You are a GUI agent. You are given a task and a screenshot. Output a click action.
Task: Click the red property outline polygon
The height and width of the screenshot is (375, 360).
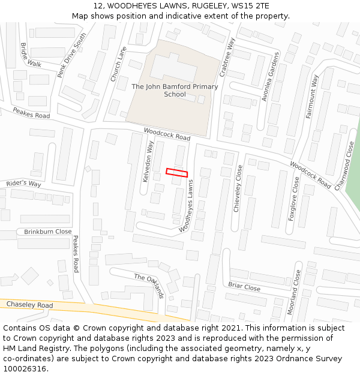click(177, 173)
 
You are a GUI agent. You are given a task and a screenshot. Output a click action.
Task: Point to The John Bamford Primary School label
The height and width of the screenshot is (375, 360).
click(175, 91)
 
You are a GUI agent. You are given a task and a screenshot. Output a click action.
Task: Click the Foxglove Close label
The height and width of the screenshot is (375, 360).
click(294, 199)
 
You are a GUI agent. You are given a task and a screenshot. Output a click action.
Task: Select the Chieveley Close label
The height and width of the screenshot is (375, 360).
click(238, 188)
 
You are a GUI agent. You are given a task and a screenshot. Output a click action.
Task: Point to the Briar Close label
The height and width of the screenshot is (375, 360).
click(244, 287)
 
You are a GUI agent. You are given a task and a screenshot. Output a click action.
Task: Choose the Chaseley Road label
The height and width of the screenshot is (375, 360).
click(29, 305)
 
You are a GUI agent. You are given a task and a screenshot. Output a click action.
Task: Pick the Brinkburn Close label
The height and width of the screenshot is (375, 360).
click(47, 232)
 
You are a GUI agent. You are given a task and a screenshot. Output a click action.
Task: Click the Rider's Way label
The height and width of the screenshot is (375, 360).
click(23, 184)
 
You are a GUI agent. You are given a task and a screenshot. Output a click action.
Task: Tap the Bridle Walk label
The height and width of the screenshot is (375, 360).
click(31, 55)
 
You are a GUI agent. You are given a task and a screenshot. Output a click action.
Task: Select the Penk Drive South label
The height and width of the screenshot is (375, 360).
click(71, 55)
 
